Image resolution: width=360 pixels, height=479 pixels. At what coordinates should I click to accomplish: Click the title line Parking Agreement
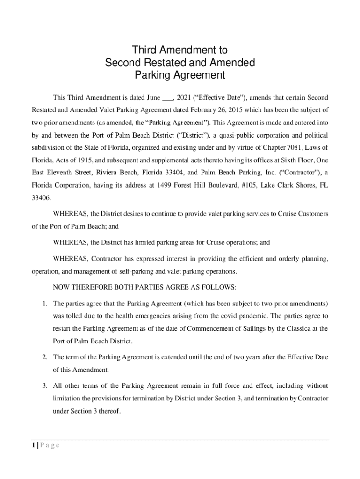tap(180, 75)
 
